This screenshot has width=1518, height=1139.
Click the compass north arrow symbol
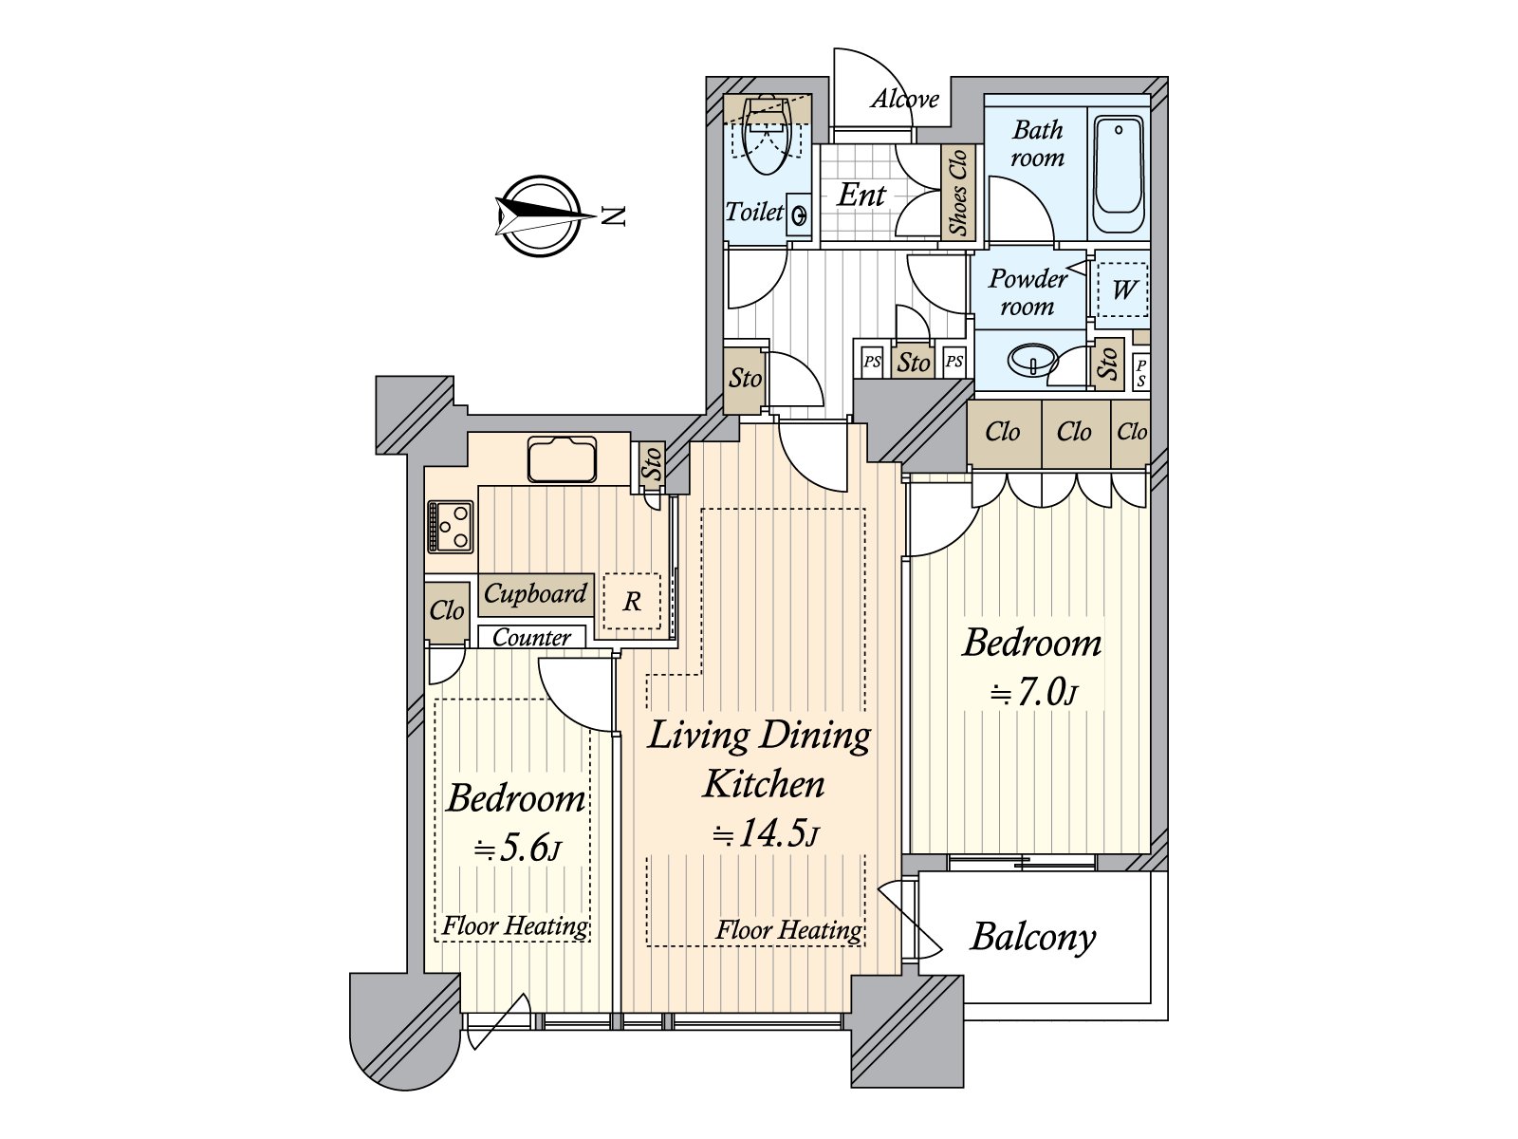[x=540, y=216]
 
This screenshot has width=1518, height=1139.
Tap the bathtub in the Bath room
[x=1118, y=176]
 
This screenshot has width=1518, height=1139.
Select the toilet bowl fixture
[x=767, y=135]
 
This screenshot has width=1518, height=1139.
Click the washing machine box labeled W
[x=1122, y=289]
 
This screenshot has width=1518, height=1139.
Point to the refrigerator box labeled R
[x=632, y=601]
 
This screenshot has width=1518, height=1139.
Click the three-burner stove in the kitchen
[x=451, y=527]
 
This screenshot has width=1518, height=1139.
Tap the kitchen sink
[x=562, y=459]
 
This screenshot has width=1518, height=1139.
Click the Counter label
[x=531, y=637]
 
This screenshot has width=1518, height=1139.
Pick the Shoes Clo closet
[x=958, y=193]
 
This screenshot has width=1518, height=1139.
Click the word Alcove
[x=904, y=100]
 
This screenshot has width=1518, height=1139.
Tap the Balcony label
[x=1032, y=939]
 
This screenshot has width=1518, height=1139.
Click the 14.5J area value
[x=766, y=834]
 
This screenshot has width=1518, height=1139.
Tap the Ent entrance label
[x=861, y=195]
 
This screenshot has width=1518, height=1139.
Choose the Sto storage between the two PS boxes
[x=912, y=362]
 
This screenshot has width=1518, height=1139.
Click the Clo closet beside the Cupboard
[x=446, y=610]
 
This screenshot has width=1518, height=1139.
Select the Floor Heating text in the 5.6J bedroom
[x=515, y=925]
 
